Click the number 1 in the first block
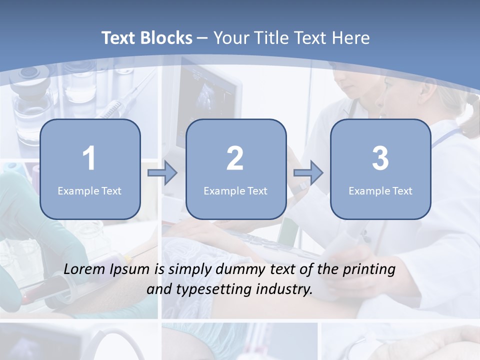[x=89, y=158]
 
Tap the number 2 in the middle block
[x=235, y=158]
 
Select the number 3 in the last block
[x=380, y=158]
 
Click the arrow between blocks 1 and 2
[x=162, y=173]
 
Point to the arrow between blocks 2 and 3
[x=308, y=173]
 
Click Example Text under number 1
[x=89, y=190]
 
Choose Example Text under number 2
[x=235, y=190]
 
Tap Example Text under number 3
[x=380, y=190]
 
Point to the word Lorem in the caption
[x=85, y=269]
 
